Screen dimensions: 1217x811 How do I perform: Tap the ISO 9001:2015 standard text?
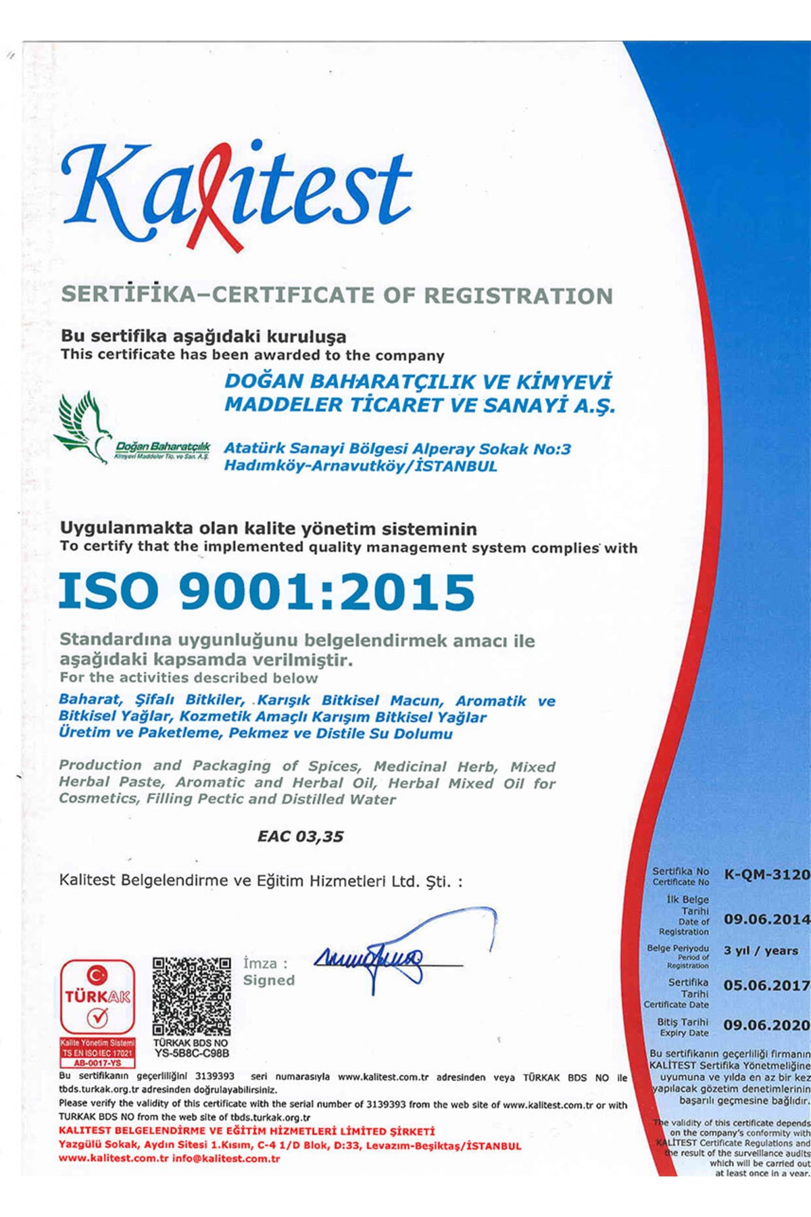click(x=266, y=592)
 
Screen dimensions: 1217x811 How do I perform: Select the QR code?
click(x=191, y=996)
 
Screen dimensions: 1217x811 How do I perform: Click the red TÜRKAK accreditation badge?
click(x=97, y=998)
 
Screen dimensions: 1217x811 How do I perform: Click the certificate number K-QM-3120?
click(x=766, y=874)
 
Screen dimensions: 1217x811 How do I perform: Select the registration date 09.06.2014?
click(x=766, y=920)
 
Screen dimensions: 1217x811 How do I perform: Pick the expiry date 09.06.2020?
click(x=766, y=1025)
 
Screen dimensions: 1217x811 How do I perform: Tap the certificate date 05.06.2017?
click(x=766, y=986)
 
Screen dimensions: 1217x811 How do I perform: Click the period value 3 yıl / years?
click(x=760, y=951)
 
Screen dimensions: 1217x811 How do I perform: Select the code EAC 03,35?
click(x=300, y=836)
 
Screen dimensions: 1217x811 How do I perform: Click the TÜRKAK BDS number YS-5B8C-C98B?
click(x=192, y=1053)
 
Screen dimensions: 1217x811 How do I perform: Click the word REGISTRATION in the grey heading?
click(x=518, y=295)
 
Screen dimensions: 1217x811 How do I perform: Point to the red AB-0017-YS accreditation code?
click(x=97, y=1063)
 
